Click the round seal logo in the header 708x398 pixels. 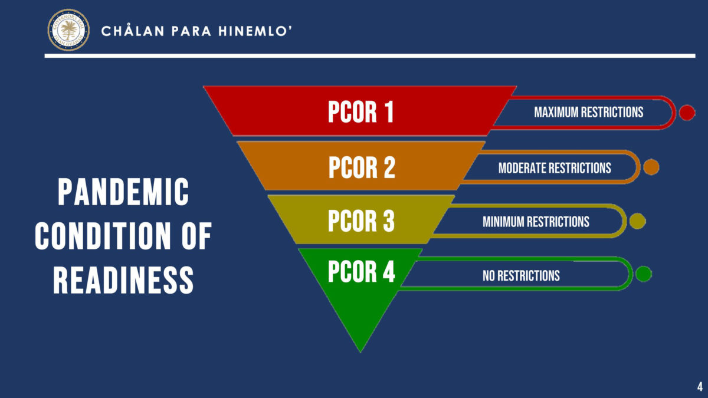[x=68, y=29]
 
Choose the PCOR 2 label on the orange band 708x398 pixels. [x=361, y=167]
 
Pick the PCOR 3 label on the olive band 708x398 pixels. [x=361, y=221]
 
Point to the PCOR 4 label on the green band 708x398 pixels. [x=361, y=272]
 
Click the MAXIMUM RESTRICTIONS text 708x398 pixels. [x=588, y=112]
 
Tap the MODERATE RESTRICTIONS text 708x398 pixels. [x=555, y=168]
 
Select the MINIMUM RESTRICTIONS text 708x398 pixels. [x=536, y=222]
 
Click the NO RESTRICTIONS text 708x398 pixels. [x=521, y=275]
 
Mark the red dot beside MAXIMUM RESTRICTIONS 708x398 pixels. [x=687, y=112]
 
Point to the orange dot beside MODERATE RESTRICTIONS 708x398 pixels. [x=651, y=167]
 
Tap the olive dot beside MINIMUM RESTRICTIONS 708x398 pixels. [x=637, y=221]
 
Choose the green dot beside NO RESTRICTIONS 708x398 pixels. [x=643, y=274]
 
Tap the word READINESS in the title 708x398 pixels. [x=123, y=279]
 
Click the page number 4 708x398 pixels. [x=699, y=387]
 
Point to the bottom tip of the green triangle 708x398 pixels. [x=360, y=350]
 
